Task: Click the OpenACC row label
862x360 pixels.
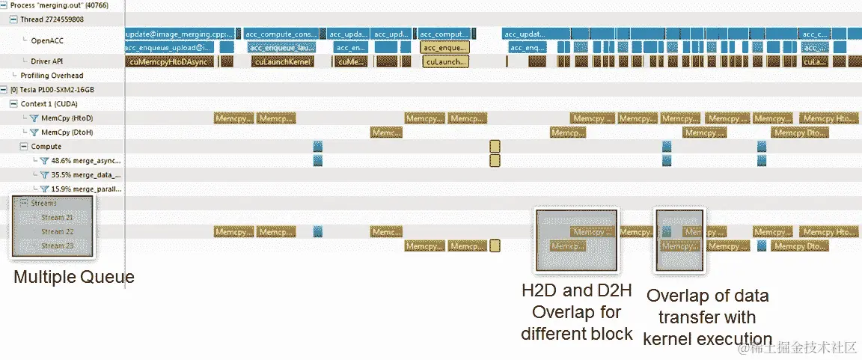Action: [46, 40]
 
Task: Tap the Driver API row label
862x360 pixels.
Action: [46, 61]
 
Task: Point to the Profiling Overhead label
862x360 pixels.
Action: [52, 76]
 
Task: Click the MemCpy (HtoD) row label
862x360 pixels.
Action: [67, 118]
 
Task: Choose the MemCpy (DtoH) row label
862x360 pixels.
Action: [67, 132]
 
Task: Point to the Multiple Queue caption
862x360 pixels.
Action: [74, 278]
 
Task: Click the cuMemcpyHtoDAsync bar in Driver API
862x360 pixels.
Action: [170, 62]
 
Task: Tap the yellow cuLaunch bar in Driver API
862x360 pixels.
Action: [445, 62]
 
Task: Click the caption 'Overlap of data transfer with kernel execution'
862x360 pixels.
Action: [707, 317]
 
